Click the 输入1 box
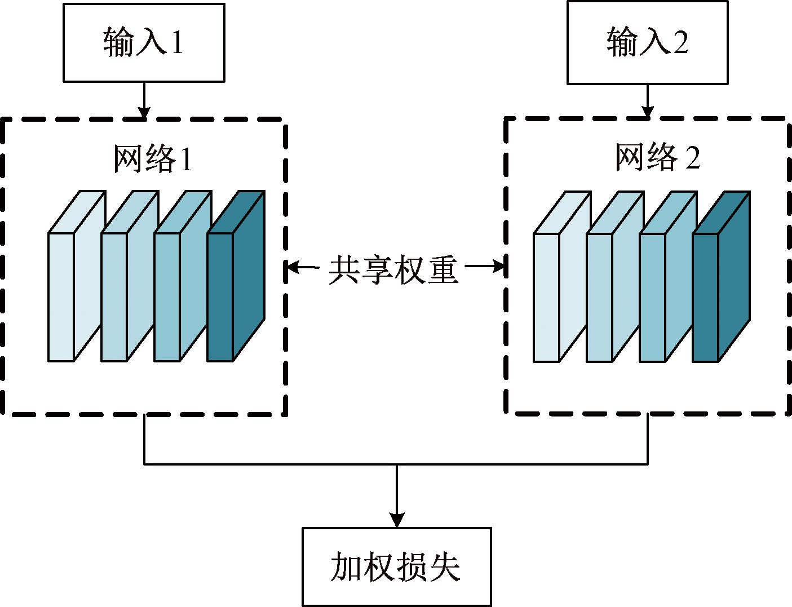point(144,43)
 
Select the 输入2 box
point(647,43)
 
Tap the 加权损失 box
point(396,566)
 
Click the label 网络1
point(153,159)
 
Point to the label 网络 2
point(657,157)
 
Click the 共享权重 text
point(393,269)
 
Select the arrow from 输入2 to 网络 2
point(647,101)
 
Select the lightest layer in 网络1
point(75,282)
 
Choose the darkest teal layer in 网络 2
point(720,282)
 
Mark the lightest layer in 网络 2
point(560,282)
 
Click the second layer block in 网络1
point(128,282)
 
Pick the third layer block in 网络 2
point(667,282)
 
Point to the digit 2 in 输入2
point(680,43)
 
